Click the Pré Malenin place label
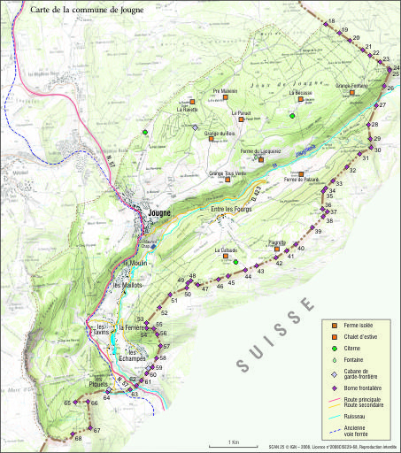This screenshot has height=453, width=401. click(226, 91)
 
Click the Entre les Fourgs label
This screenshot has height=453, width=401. click(232, 209)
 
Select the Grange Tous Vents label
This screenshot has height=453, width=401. click(227, 173)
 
